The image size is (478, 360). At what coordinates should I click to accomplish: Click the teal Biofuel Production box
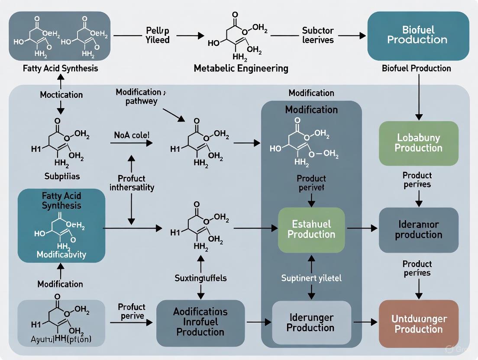418,35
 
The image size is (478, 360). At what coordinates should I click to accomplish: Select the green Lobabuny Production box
418,143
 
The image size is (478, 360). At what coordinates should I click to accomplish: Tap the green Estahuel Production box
311,230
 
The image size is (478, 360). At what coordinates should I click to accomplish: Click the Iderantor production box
418,230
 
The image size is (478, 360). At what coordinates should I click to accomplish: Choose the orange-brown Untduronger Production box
418,324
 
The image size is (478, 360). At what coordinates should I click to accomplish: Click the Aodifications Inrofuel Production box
200,322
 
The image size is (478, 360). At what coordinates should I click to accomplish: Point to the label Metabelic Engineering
241,68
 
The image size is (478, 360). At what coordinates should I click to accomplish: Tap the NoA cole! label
132,135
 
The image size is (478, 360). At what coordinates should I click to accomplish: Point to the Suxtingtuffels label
200,278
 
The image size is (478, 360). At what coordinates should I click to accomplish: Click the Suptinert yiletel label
311,278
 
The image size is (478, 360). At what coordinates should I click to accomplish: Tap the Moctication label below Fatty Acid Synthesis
61,94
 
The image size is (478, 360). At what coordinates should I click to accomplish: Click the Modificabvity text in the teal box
61,254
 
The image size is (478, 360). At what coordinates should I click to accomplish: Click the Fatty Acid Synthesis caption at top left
61,68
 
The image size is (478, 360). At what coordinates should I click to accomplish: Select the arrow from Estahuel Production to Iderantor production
362,228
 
